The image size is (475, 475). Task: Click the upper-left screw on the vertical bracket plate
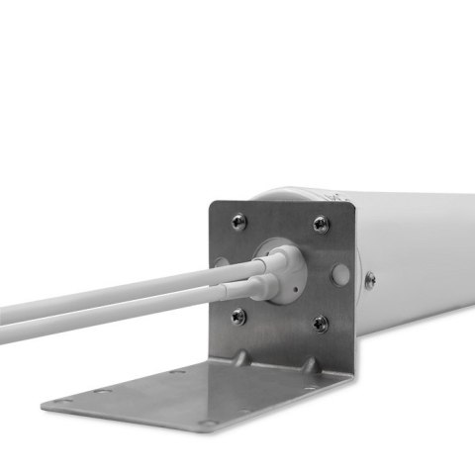(x=238, y=223)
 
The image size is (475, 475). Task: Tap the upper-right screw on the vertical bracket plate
(x=320, y=225)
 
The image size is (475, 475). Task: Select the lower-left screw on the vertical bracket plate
(x=238, y=317)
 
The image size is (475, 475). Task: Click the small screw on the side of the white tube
(x=370, y=281)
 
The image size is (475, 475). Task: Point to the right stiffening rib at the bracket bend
(x=309, y=365)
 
